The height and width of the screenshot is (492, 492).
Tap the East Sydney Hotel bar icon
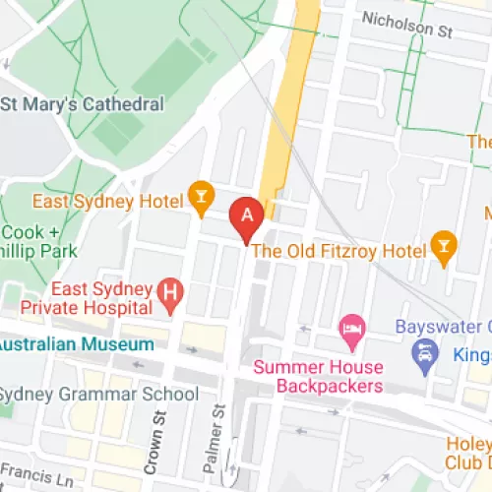202,201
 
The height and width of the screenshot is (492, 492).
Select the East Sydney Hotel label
108,202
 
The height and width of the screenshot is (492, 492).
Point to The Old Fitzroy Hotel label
339,250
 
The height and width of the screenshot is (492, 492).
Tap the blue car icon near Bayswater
425,350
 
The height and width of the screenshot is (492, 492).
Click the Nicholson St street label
405,24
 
